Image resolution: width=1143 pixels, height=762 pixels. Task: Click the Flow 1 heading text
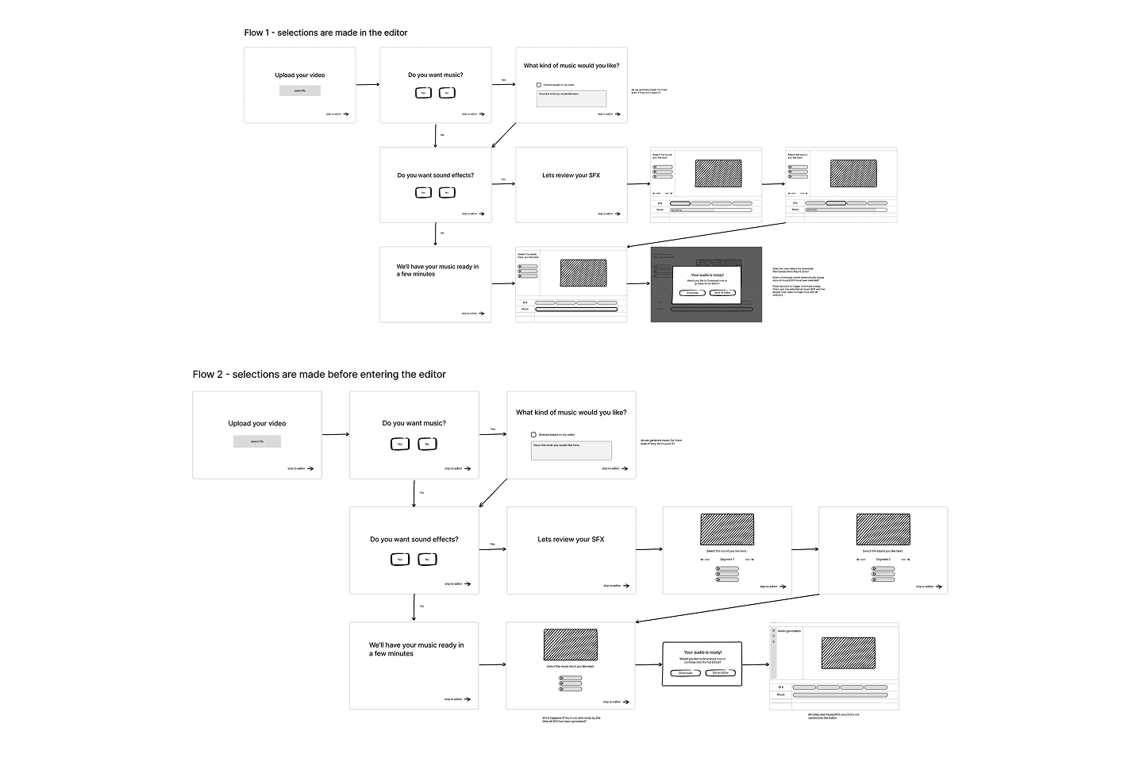click(x=325, y=33)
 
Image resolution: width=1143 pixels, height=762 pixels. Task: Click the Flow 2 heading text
click(x=319, y=375)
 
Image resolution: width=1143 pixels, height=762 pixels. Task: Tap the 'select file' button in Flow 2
click(x=257, y=441)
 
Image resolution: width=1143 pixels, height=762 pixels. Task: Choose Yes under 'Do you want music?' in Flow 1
click(x=424, y=93)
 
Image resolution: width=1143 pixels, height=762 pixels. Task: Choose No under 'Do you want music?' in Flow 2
click(x=427, y=444)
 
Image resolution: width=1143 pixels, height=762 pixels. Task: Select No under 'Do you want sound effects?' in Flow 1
click(x=447, y=193)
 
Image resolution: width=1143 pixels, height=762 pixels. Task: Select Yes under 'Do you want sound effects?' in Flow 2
click(x=400, y=560)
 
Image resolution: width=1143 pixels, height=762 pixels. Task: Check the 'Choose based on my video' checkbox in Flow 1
click(x=538, y=85)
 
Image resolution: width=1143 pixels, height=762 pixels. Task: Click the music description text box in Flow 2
click(x=571, y=450)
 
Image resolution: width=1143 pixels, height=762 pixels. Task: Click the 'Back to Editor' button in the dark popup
click(x=722, y=293)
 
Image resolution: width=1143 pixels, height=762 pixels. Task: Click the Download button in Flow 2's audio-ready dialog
click(x=685, y=673)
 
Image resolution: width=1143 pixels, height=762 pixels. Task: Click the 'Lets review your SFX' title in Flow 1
click(x=571, y=175)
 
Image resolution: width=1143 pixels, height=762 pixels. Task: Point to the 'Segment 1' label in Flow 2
click(x=727, y=560)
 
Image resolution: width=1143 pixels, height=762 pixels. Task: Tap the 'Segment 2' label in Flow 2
click(x=883, y=560)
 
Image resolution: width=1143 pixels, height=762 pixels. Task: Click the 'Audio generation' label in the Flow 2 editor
click(x=789, y=631)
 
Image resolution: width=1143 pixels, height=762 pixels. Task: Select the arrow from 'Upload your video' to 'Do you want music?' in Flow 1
click(x=368, y=84)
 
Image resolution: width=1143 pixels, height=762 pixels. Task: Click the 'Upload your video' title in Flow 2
click(x=257, y=424)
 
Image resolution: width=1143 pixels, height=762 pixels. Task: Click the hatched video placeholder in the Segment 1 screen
click(x=727, y=529)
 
